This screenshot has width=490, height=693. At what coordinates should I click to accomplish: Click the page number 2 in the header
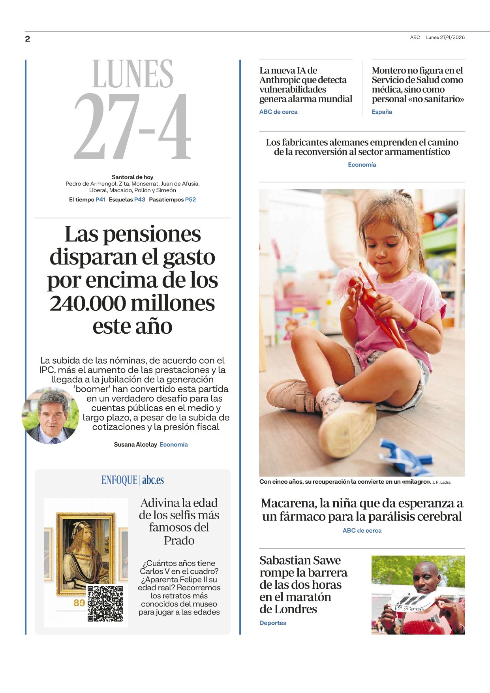(x=27, y=39)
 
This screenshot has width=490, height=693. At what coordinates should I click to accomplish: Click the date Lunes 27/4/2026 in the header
(x=445, y=38)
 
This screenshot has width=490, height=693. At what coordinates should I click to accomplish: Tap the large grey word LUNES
(x=133, y=74)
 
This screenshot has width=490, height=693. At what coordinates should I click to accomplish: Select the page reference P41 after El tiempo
(x=100, y=200)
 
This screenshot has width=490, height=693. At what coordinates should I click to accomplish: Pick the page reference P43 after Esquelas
(x=140, y=200)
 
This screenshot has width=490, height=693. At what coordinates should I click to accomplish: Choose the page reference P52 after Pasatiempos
(x=190, y=200)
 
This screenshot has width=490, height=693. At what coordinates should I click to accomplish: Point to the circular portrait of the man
(x=51, y=416)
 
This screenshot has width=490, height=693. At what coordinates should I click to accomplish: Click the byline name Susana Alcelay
(x=135, y=445)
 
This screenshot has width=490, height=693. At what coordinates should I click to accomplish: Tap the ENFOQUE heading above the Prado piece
(x=119, y=480)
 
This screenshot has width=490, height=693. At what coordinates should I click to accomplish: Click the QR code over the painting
(x=105, y=603)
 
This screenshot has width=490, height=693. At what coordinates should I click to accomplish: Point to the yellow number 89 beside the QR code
(x=79, y=603)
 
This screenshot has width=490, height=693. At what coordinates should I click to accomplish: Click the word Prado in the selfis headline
(x=179, y=540)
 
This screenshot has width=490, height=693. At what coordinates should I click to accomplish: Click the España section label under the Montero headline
(x=382, y=112)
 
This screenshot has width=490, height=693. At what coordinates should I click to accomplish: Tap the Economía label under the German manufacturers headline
(x=362, y=165)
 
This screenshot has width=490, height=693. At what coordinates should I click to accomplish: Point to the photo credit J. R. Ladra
(x=441, y=482)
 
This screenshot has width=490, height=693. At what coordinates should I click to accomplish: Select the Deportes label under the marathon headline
(x=272, y=623)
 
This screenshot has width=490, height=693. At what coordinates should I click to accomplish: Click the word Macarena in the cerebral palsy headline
(x=289, y=503)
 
